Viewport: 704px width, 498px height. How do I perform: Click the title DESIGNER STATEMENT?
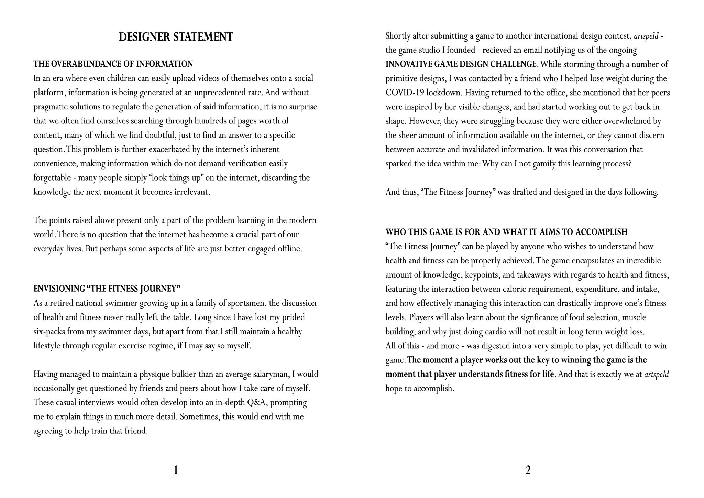[x=176, y=37]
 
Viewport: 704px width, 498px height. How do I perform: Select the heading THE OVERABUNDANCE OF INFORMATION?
[x=113, y=64]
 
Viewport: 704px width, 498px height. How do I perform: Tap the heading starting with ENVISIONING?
[x=107, y=289]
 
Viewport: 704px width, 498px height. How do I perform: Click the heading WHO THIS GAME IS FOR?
[x=506, y=232]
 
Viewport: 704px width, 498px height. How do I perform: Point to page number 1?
[x=176, y=470]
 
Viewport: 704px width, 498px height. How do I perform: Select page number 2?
[x=528, y=470]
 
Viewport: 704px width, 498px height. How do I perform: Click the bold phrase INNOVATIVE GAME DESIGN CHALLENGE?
[x=461, y=64]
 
